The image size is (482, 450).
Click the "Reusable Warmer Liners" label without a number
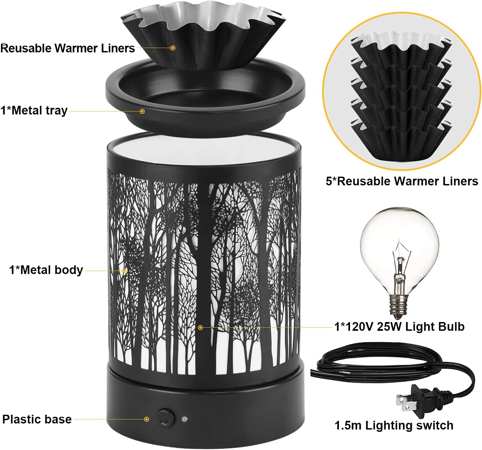pos(68,48)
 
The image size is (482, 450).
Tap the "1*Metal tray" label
pos(34,110)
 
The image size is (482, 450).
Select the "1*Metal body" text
pos(46,270)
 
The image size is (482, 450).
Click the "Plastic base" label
pos(37,419)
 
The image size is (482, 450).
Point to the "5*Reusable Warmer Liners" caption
pos(402,181)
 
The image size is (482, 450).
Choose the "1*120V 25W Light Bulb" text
pos(399,326)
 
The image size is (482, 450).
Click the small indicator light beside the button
pos(184,419)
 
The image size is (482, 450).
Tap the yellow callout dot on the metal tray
pos(142,111)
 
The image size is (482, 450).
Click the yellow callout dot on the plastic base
pos(146,419)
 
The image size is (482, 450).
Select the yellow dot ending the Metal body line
pos(124,271)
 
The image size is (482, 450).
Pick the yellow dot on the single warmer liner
pos(173,48)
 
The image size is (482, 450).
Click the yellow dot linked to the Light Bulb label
pos(200,327)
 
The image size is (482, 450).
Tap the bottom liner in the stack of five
pos(401,141)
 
